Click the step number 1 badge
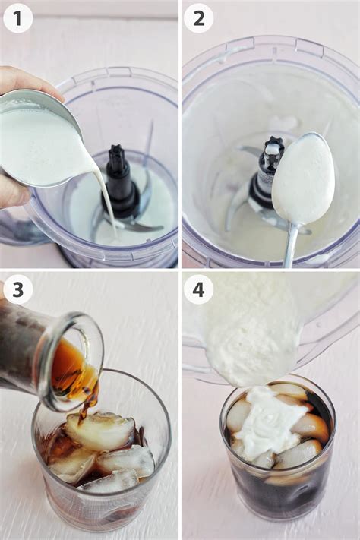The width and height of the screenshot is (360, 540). click(17, 18)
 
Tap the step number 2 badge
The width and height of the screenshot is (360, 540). click(198, 18)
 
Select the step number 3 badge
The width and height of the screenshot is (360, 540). click(17, 290)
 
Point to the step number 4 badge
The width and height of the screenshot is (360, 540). click(198, 290)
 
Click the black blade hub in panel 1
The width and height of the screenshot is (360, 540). click(120, 182)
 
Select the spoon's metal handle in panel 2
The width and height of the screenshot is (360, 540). click(291, 246)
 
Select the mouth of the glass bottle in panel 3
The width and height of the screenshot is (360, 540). click(77, 362)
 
